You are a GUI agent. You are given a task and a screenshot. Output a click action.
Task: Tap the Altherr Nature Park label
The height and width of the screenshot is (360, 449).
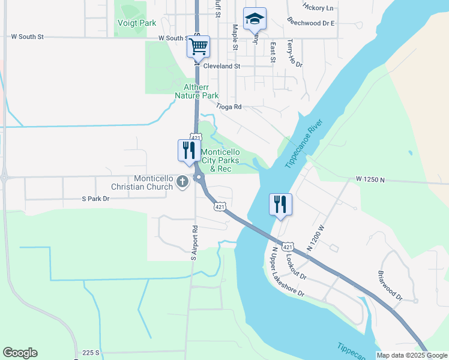(x=197, y=91)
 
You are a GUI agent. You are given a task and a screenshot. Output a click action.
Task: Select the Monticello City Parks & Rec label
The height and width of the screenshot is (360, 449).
(x=220, y=160)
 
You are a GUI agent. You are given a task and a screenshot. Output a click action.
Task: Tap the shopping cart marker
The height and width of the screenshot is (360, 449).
(x=198, y=46)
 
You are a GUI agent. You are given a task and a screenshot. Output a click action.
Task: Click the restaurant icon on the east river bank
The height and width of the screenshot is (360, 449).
(x=280, y=205)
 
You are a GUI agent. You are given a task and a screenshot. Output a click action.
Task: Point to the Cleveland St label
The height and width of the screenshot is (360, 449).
(x=221, y=66)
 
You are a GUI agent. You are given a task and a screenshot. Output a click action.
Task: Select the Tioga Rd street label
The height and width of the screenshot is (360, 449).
(x=229, y=107)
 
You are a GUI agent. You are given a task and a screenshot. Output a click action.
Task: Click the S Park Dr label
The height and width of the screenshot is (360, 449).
(x=96, y=199)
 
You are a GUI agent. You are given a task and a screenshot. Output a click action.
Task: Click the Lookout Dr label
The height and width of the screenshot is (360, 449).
(x=296, y=267)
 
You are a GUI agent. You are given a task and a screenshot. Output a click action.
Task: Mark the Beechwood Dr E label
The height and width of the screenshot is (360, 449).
(x=310, y=22)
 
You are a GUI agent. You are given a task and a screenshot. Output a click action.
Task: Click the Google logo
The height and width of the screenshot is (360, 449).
(x=20, y=353)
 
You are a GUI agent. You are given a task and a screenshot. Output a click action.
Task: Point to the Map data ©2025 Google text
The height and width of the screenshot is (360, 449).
(x=412, y=355)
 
